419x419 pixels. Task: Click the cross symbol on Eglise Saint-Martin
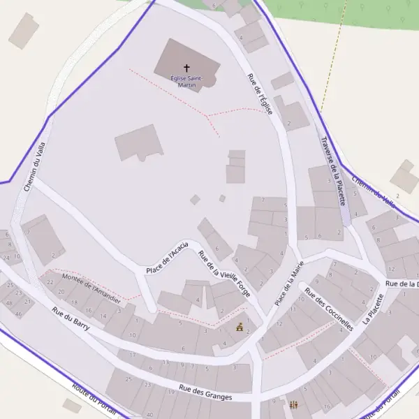point(186,68)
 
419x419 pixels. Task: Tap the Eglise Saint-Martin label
point(186,81)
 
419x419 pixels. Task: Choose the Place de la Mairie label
point(289,282)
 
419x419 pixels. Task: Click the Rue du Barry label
point(71,321)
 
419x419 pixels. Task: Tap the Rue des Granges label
point(205,392)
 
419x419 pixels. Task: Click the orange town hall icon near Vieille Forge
point(240,327)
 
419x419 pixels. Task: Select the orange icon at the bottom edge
point(294,405)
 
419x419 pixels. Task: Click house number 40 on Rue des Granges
point(149,415)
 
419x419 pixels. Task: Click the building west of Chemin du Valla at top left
point(24,31)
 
